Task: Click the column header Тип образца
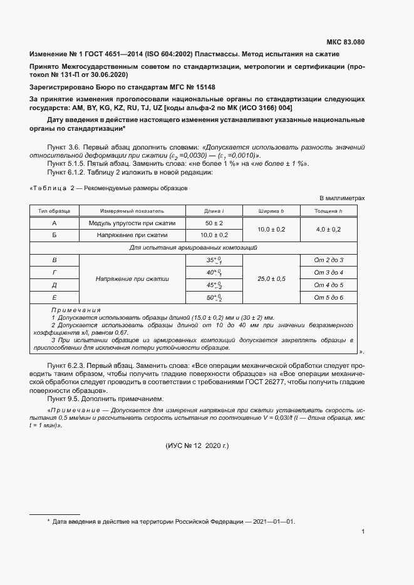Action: point(54,211)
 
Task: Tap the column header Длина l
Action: point(214,211)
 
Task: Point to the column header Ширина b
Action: point(271,211)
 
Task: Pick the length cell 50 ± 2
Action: point(214,223)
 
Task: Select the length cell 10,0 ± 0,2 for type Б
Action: point(214,235)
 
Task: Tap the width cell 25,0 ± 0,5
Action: point(271,278)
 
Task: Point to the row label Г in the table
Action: point(54,272)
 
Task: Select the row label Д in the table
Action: point(54,285)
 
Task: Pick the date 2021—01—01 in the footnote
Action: point(270,521)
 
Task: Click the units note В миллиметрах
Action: point(342,198)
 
